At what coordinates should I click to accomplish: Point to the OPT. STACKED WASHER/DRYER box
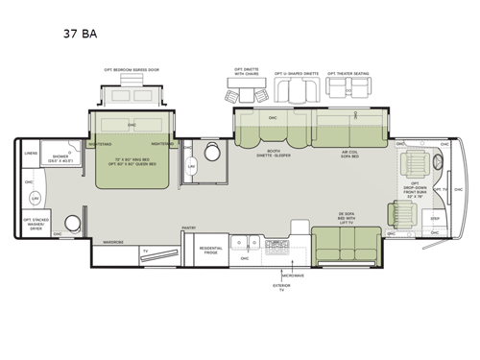coord(35,224)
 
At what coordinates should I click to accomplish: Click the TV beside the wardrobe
coord(144,252)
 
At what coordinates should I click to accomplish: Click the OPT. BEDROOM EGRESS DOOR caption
coord(132,70)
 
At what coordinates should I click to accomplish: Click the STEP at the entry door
coord(434,219)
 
